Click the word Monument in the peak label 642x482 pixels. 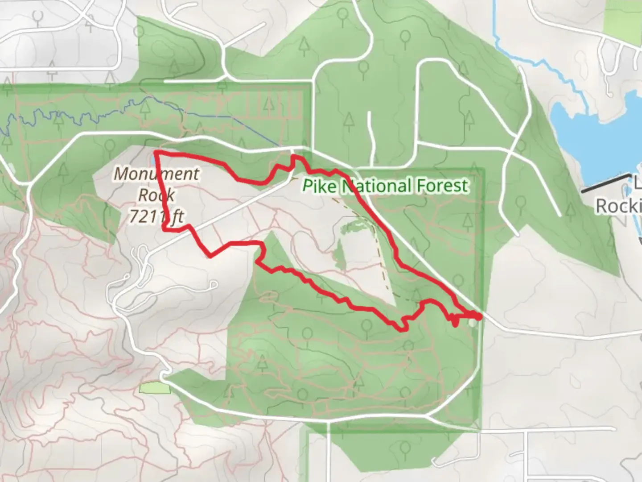(156, 174)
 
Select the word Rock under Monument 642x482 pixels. (156, 195)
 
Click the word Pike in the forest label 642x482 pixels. (319, 185)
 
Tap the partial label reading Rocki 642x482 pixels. (618, 206)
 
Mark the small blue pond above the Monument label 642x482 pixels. (153, 159)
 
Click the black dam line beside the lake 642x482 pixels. (604, 183)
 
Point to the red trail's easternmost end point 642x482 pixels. (479, 317)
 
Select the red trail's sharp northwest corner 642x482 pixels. (157, 154)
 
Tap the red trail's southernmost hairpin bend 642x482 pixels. (403, 329)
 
